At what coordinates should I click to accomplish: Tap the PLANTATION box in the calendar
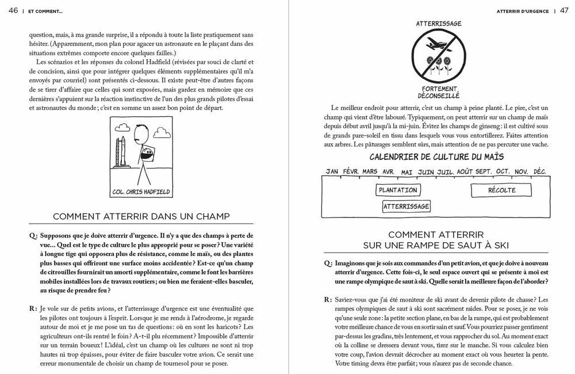[397, 190]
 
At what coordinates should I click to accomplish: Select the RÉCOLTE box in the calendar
[502, 190]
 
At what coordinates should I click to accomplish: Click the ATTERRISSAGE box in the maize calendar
[406, 206]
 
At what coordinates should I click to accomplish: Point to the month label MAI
[407, 171]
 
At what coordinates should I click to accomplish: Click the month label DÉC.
[540, 171]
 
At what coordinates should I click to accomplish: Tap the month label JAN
[332, 171]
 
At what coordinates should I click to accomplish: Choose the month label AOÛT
[465, 171]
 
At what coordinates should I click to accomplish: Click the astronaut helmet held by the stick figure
[147, 155]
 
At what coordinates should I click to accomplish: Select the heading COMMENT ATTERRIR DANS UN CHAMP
[141, 216]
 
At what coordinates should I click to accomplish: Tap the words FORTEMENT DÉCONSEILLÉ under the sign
[439, 92]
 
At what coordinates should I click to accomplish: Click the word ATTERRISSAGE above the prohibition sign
[439, 24]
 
